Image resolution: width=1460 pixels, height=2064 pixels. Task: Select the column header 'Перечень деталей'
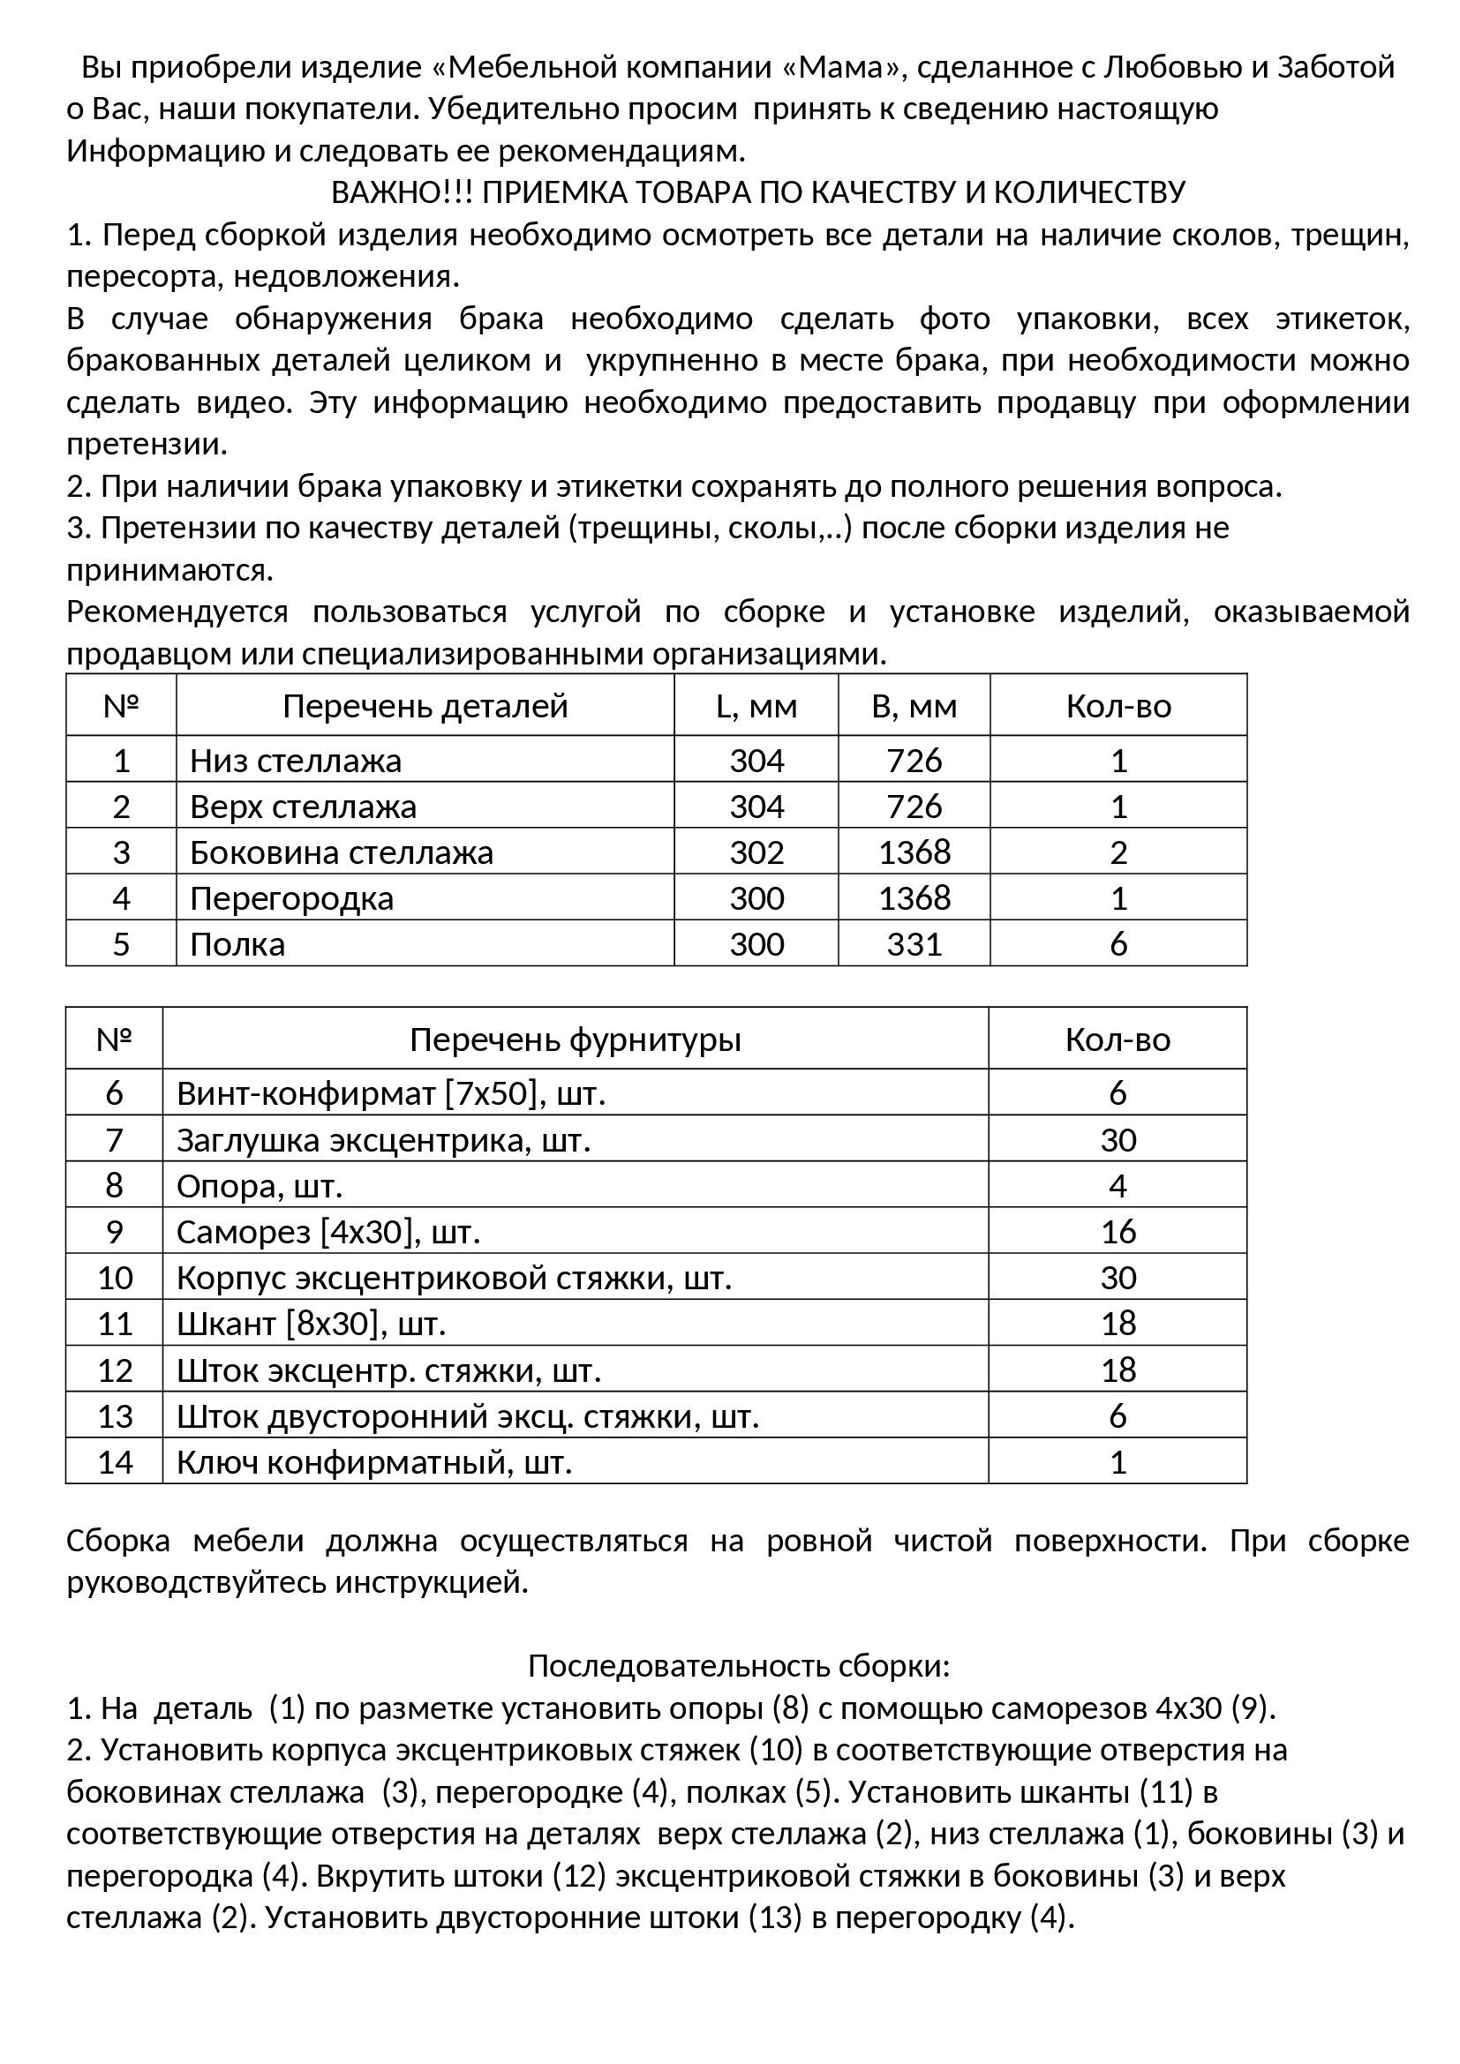[425, 706]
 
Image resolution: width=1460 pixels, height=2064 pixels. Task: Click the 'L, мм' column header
[756, 706]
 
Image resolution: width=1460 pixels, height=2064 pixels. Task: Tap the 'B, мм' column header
[914, 706]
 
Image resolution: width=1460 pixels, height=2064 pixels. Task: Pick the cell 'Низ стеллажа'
[296, 761]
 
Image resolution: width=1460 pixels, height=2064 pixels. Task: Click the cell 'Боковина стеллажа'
[342, 852]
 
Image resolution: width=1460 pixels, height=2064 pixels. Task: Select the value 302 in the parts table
[756, 852]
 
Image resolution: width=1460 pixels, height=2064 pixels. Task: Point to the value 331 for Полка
[914, 944]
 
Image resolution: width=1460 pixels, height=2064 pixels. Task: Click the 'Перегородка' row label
[292, 898]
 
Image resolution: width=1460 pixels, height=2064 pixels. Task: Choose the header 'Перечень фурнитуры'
[576, 1040]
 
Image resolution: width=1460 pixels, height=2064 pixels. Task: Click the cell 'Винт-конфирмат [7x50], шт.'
[391, 1093]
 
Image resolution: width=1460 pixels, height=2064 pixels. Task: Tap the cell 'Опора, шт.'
[260, 1186]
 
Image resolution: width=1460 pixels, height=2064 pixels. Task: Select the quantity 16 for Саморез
[1118, 1232]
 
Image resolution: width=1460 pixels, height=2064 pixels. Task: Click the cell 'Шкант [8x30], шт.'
[311, 1324]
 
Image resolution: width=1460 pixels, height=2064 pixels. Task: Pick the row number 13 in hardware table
[114, 1415]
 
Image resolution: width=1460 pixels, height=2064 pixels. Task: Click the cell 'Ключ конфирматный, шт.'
[374, 1461]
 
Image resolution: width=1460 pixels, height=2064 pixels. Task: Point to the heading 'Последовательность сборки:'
[738, 1666]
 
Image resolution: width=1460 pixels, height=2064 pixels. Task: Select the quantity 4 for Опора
[1118, 1186]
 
